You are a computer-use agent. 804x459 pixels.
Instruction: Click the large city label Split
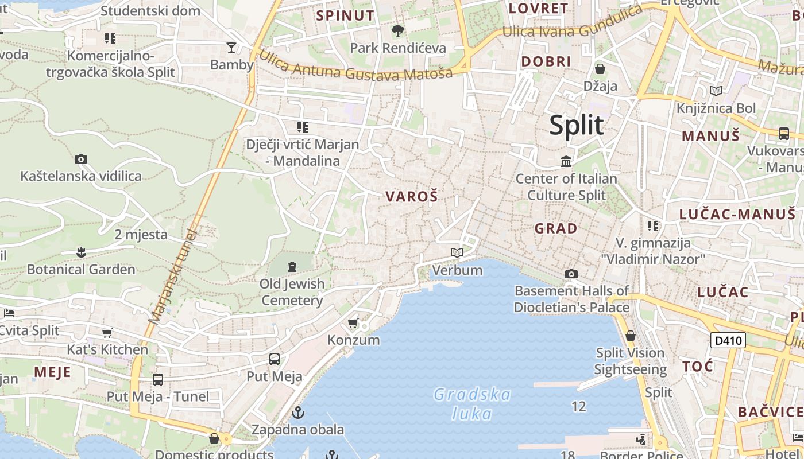tap(577, 126)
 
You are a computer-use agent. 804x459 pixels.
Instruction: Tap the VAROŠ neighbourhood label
tap(412, 197)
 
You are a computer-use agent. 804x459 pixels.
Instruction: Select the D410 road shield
tap(728, 340)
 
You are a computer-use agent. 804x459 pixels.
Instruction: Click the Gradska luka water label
tap(472, 404)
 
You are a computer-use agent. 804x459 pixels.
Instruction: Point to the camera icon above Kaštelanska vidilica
tap(81, 159)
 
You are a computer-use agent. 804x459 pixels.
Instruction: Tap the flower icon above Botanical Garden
tap(81, 252)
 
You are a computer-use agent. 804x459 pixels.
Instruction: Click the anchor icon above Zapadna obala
tap(297, 412)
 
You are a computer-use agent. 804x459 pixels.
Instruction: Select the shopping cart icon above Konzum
tap(353, 324)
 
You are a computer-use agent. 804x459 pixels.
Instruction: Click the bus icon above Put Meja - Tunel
tap(157, 379)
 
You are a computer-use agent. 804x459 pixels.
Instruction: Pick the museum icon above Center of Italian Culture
tap(566, 162)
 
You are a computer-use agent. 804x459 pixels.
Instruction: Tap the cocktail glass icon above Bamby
tap(231, 47)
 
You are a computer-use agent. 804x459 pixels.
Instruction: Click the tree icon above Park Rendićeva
tap(397, 30)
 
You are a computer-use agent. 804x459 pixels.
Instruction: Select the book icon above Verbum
tap(457, 252)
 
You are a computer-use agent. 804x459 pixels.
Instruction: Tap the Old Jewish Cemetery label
tap(292, 292)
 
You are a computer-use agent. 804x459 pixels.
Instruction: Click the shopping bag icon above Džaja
tap(600, 69)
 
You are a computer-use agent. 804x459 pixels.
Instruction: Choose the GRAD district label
tap(556, 228)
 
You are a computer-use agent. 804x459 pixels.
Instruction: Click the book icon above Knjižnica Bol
tap(716, 91)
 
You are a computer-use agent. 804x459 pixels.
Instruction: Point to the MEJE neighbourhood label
tap(52, 372)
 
